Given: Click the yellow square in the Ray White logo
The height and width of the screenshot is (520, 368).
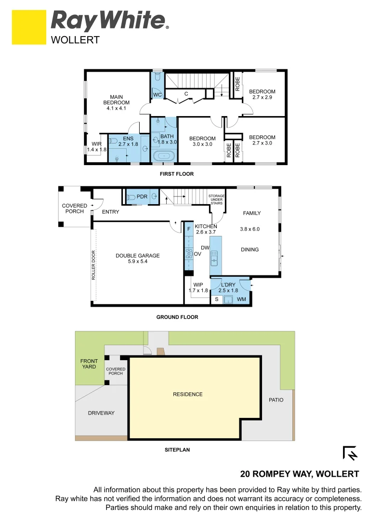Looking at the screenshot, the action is tap(29, 27).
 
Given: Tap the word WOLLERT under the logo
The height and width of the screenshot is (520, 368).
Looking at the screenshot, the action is tap(75, 40).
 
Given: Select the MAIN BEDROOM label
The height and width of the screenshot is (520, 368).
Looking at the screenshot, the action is tap(116, 100).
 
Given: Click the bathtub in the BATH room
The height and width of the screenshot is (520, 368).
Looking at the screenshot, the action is tap(164, 156).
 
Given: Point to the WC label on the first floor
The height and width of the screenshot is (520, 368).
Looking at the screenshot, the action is tap(158, 95).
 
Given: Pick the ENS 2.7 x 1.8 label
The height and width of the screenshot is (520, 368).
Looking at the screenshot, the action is tap(128, 141).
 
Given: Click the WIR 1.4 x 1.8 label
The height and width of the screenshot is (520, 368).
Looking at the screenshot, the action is tap(96, 146).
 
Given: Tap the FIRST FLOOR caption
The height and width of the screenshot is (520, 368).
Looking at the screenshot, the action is tap(176, 174).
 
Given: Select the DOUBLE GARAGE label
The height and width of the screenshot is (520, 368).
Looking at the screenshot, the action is tap(137, 259).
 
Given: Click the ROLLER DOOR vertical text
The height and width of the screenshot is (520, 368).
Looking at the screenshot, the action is tap(93, 265).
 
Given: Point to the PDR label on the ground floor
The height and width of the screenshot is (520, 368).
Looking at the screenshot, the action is tap(142, 196).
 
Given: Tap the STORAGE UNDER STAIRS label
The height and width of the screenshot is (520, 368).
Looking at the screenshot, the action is tap(216, 199).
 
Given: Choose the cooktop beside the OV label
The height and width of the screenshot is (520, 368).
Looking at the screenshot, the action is tap(189, 254).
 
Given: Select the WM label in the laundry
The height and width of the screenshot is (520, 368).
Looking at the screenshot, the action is tap(241, 299).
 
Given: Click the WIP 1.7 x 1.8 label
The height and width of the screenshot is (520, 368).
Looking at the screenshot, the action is tap(198, 287).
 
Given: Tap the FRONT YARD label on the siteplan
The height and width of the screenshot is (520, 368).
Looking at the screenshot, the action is tap(89, 364).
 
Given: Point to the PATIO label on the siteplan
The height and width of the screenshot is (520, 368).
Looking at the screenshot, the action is tap(276, 400).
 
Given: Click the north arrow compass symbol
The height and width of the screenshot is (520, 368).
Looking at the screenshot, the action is tap(350, 453).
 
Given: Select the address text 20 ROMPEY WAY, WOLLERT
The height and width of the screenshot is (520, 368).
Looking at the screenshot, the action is tap(299, 474).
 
